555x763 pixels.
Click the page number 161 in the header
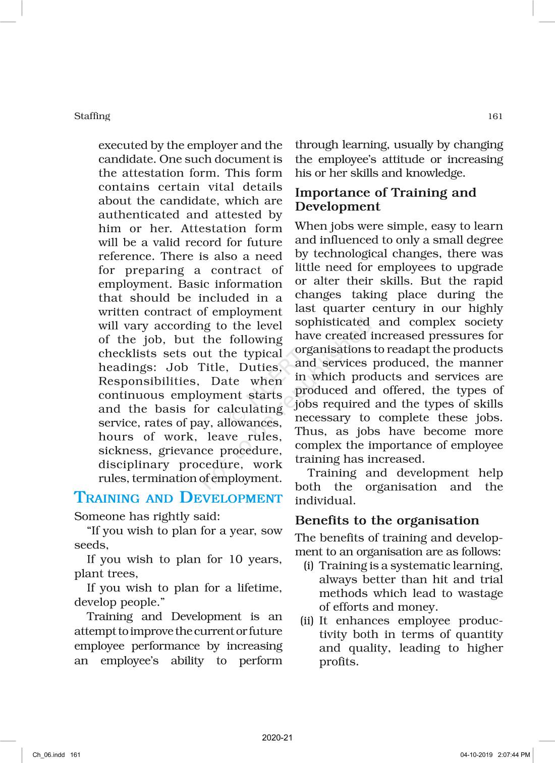point(495,117)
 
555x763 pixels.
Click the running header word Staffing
point(92,116)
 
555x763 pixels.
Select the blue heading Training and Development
point(178,498)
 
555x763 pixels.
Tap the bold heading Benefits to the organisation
point(387,520)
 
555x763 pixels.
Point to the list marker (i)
point(309,566)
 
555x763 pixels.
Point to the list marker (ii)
point(307,621)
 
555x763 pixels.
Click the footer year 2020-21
point(277,738)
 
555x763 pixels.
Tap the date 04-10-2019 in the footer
point(477,755)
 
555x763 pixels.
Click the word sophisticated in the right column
point(332,322)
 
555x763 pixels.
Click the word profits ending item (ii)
point(338,662)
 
